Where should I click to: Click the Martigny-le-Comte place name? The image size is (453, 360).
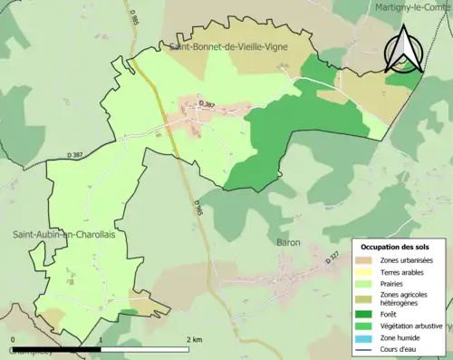click(x=412, y=7)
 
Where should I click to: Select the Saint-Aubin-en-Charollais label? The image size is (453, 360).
click(x=63, y=234)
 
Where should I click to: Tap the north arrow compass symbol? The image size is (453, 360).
click(x=401, y=50)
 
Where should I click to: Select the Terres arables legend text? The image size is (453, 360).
click(x=406, y=272)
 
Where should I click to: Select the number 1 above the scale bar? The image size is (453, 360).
click(x=100, y=339)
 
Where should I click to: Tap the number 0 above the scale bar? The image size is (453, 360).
click(x=12, y=339)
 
